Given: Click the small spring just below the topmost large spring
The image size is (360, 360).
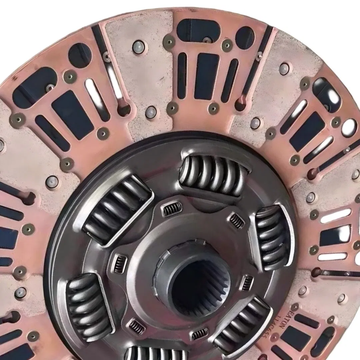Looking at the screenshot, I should coord(173,209).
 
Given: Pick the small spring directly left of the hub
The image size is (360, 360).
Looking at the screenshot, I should coord(120,264).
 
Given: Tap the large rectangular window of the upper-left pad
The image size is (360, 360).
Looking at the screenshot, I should coord(73,115).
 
